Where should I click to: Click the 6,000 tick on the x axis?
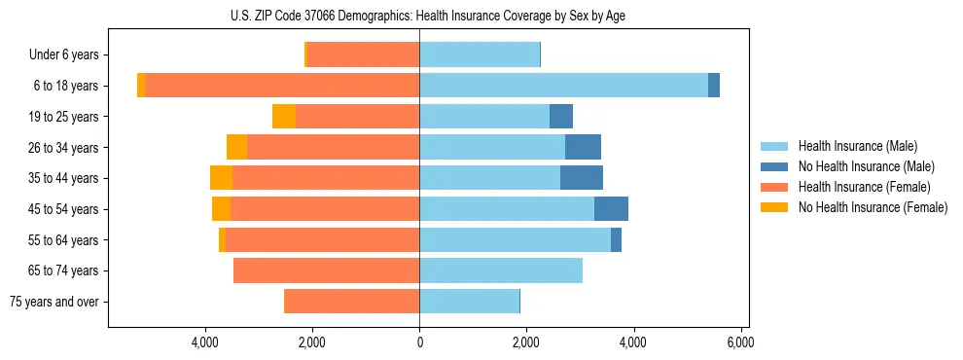click(x=740, y=343)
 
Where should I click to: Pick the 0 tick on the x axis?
click(x=419, y=343)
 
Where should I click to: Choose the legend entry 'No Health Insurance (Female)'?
click(x=872, y=207)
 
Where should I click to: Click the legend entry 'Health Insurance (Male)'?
click(x=857, y=146)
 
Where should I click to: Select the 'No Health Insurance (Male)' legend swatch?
click(x=775, y=166)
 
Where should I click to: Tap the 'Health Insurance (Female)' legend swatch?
click(x=775, y=187)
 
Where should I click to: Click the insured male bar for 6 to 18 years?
click(x=563, y=86)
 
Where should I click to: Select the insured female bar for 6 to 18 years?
click(x=282, y=86)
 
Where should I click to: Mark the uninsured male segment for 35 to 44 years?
click(x=582, y=178)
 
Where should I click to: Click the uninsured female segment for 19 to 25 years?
click(x=284, y=117)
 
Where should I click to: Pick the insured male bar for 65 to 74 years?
click(x=501, y=270)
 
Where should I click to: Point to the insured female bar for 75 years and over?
click(x=352, y=302)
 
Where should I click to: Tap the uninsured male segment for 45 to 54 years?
click(x=611, y=209)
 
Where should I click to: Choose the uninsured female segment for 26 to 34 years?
click(x=236, y=147)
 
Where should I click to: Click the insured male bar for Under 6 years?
click(x=480, y=55)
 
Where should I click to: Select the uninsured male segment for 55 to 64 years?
click(x=616, y=239)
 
